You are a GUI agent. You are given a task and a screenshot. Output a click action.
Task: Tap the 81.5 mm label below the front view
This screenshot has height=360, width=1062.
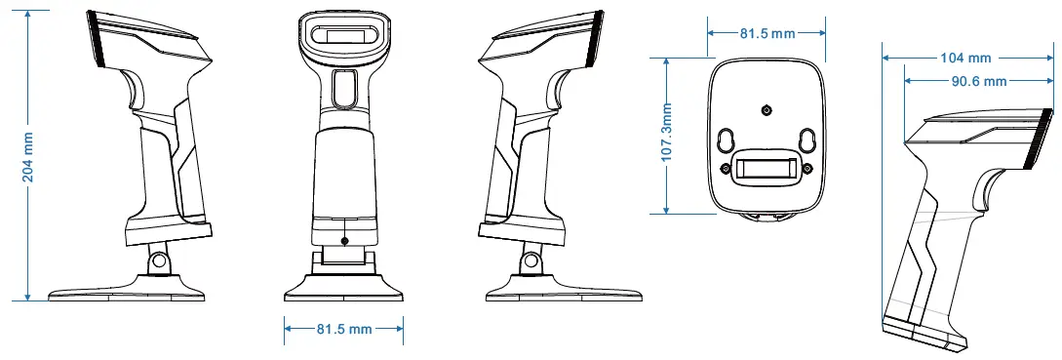(343, 329)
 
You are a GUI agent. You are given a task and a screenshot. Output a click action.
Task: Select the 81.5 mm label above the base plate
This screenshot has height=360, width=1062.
(767, 33)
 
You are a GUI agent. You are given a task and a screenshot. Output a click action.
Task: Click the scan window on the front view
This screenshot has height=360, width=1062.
(342, 36)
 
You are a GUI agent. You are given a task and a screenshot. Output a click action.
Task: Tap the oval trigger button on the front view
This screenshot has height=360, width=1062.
(343, 89)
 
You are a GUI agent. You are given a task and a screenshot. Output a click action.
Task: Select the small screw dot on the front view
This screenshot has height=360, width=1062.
(343, 240)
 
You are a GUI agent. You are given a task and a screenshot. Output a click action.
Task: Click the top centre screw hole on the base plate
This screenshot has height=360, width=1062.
(766, 110)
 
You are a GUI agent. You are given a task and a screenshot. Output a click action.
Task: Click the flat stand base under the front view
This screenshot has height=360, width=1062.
(343, 290)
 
